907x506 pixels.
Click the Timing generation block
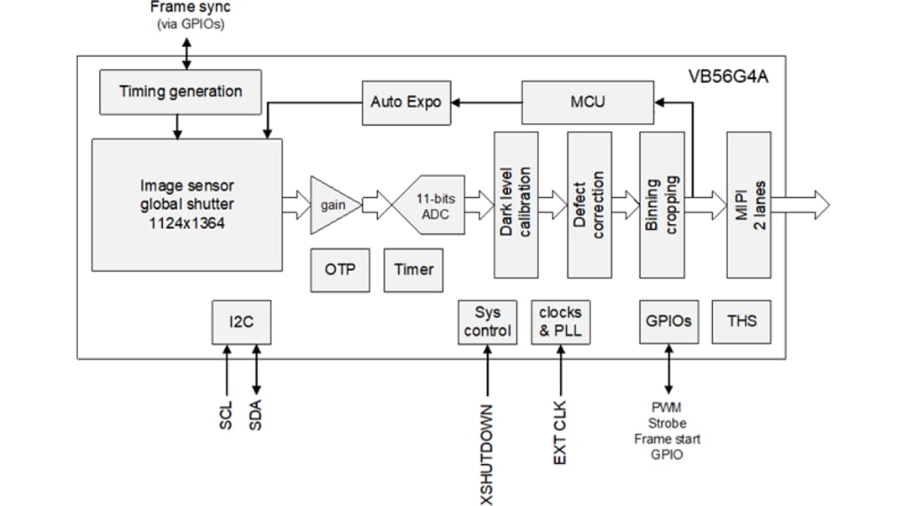tap(181, 91)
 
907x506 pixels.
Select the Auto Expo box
tap(406, 102)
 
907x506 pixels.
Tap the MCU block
tap(587, 102)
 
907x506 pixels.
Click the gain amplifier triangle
tap(334, 205)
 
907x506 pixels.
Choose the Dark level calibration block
tap(516, 204)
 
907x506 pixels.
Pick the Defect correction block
tap(589, 204)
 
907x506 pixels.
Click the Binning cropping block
tap(662, 204)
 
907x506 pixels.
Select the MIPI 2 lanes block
tap(749, 204)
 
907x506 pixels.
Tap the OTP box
tap(340, 269)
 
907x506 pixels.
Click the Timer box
tap(413, 269)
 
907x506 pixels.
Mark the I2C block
tap(241, 321)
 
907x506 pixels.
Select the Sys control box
tap(487, 321)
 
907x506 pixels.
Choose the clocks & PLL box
tap(560, 321)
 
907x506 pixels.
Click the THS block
tap(742, 321)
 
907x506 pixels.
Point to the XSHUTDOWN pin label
tap(487, 453)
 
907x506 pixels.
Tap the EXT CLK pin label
tap(560, 433)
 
